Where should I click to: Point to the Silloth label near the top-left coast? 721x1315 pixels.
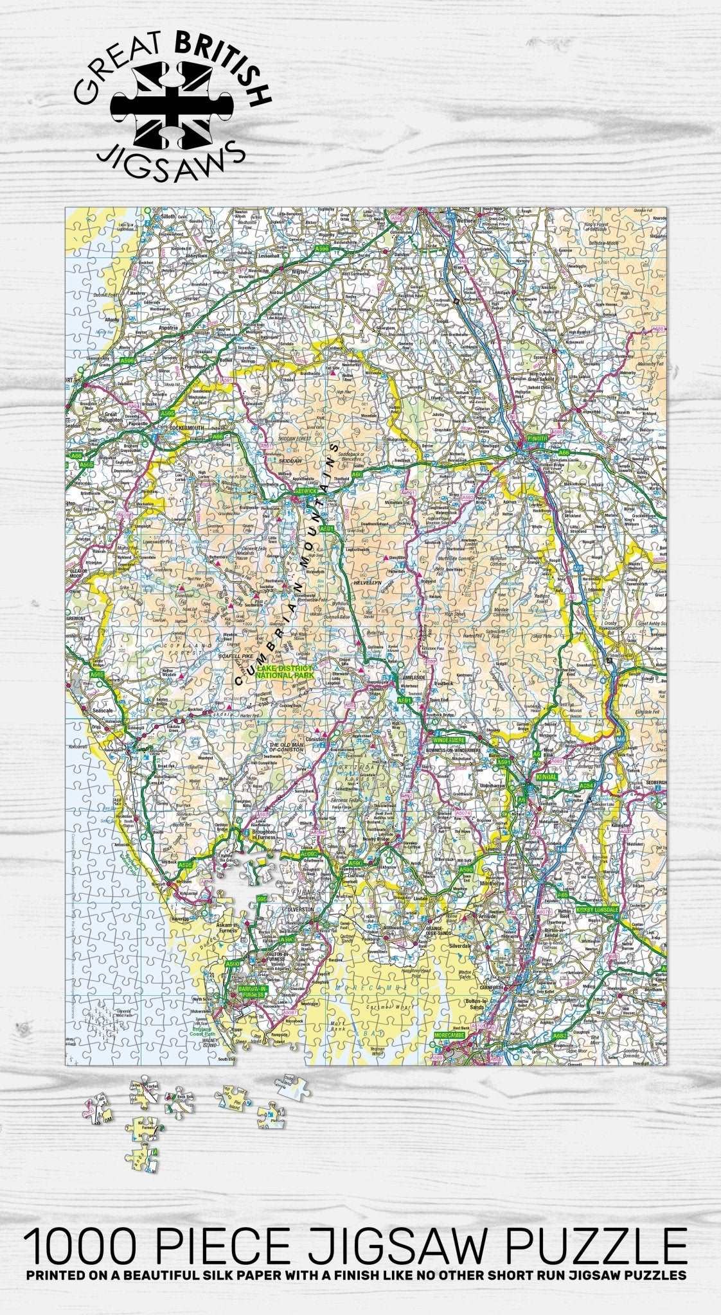(x=167, y=218)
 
